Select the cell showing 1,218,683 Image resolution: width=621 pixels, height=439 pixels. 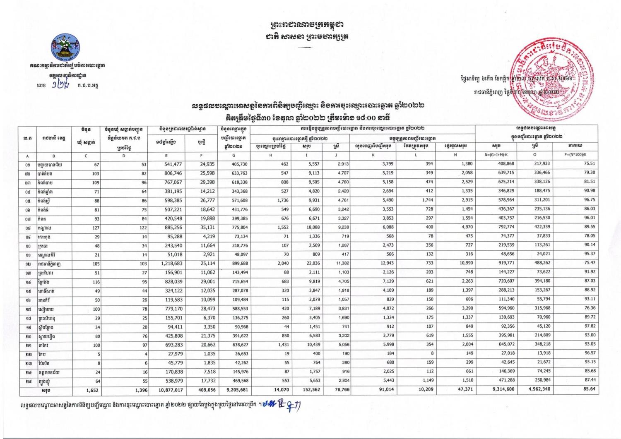coord(166,264)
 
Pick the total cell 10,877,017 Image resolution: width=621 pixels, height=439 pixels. coord(166,390)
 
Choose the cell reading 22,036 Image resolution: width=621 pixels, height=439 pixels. coord(311,264)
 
